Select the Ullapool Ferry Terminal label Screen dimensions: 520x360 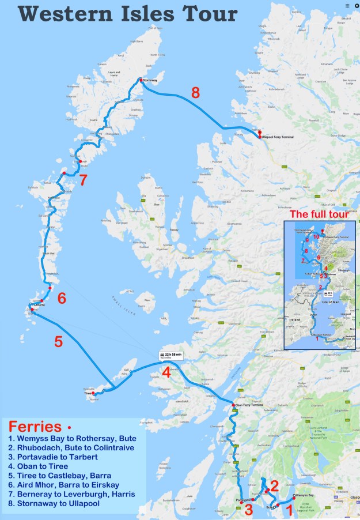tap(279, 138)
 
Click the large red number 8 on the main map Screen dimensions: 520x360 tap(196, 92)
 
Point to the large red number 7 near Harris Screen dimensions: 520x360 tap(83, 180)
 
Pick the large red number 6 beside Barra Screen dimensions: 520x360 tap(61, 298)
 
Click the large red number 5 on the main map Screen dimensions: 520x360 tap(58, 341)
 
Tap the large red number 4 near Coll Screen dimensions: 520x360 tap(166, 372)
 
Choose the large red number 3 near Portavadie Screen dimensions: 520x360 tap(248, 509)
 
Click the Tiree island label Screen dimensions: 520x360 tap(88, 394)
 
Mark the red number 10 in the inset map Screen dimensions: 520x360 tap(316, 236)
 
